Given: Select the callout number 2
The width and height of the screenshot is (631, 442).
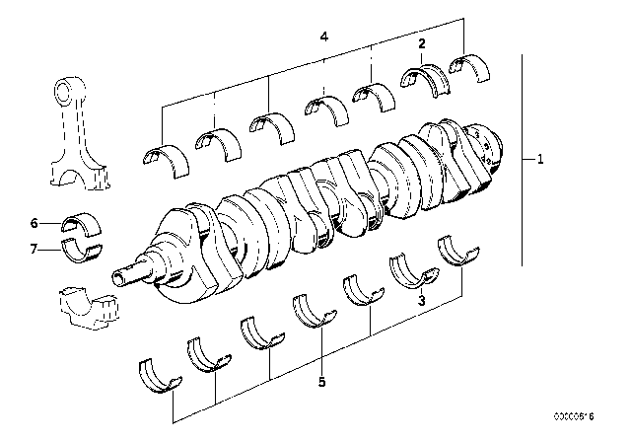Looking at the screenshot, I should click(x=422, y=44).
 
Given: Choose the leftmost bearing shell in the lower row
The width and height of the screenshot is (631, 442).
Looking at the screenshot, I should click(x=156, y=376).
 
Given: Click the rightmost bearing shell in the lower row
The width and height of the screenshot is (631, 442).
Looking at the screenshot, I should click(x=459, y=251).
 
